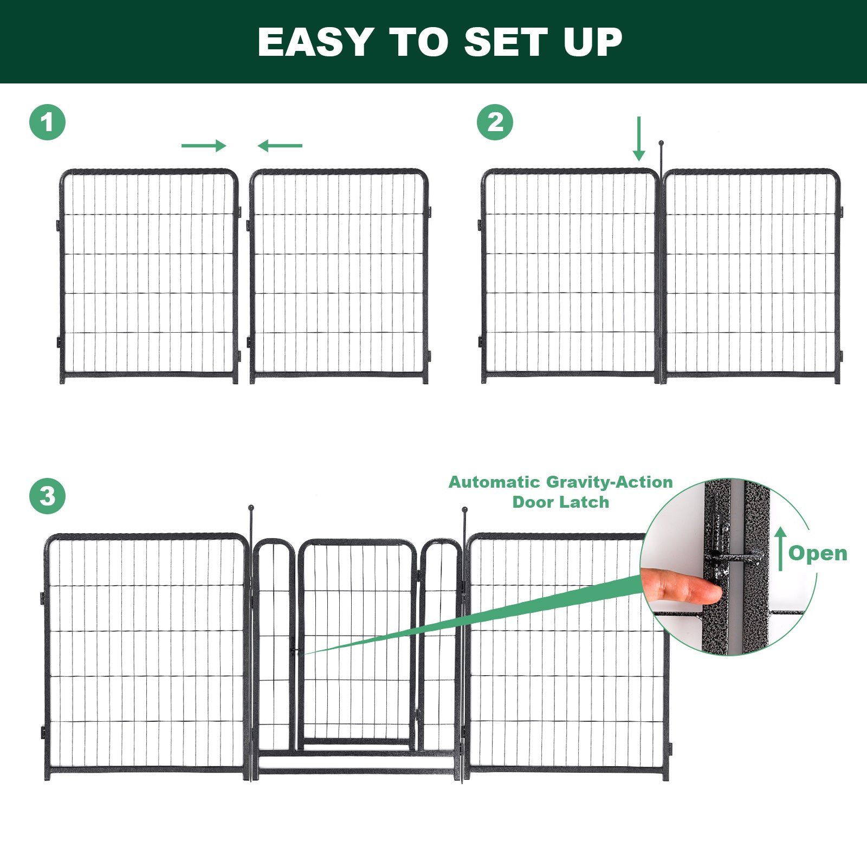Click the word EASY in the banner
pos(315,42)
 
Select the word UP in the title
pos(593,42)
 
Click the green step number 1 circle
pos(47,122)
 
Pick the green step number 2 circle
pos(495,122)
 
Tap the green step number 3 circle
pos(47,496)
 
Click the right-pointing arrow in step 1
pos(204,145)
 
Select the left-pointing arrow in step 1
pos(280,145)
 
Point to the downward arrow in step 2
pos(639,139)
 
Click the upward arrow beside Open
pos(780,548)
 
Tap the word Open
pos(818,554)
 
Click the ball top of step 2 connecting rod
pos(661,143)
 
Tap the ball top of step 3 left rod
pos(251,508)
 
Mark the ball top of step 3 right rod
pos(465,509)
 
